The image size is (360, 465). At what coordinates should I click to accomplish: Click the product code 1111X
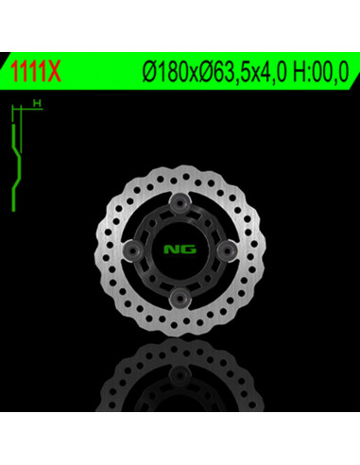coord(33,72)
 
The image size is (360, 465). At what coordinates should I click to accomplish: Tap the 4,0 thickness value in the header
coord(262,72)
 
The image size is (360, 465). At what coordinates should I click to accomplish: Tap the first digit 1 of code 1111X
coord(13,72)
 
